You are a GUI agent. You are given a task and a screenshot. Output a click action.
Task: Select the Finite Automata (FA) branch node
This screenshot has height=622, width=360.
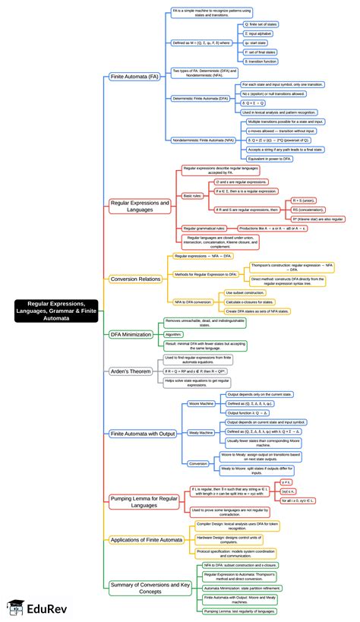pos(135,77)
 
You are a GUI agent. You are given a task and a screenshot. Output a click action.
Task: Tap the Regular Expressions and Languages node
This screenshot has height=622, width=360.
pos(141,206)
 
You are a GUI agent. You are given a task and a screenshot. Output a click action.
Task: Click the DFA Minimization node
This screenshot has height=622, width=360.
pos(131,333)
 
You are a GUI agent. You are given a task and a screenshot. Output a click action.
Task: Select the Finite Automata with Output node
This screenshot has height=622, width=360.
pos(143,433)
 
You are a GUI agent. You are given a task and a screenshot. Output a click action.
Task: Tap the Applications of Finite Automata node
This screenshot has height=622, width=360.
pos(145,539)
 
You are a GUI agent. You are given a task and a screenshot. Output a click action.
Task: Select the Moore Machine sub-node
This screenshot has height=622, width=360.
pos(201,404)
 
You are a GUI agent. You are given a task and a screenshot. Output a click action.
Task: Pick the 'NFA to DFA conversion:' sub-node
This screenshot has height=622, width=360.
pos(194,302)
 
